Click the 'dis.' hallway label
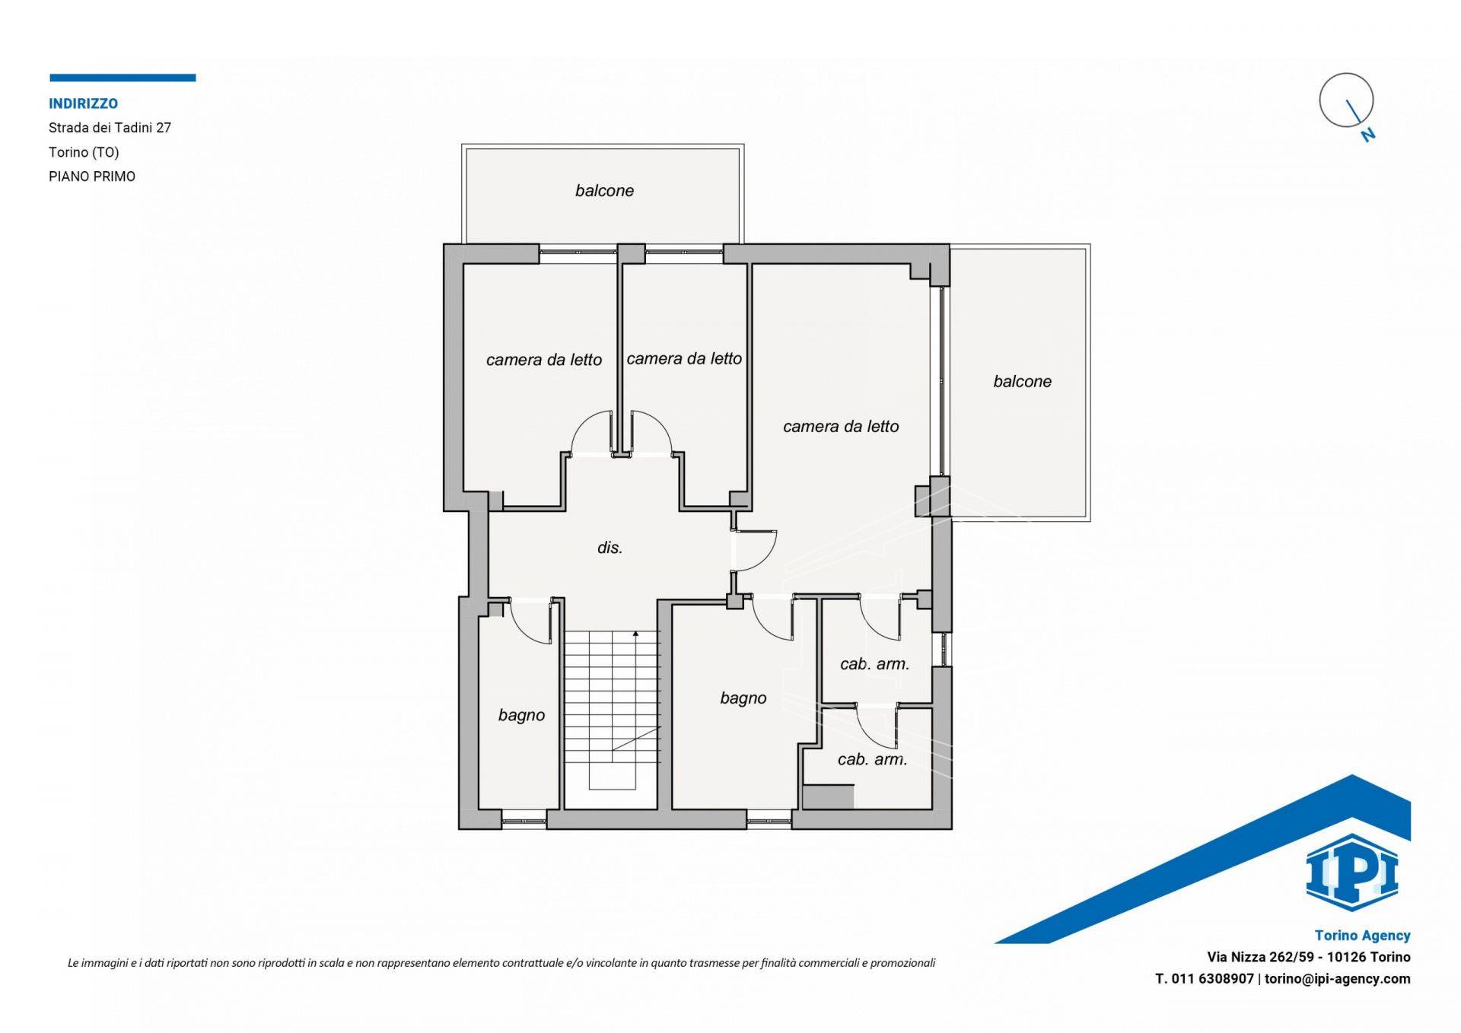point(610,548)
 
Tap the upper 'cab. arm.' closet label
point(874,664)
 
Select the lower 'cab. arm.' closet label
point(872,759)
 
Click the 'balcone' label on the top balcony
point(604,191)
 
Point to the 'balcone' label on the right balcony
point(1022,382)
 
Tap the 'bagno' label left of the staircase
point(521,715)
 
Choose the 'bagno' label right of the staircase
point(743,698)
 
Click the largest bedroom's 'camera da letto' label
point(841,427)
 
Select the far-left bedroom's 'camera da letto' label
point(544,360)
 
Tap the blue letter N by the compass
point(1368,135)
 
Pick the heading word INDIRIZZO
point(83,104)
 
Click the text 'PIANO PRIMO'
point(92,176)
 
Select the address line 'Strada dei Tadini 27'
point(110,128)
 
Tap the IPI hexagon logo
point(1352,872)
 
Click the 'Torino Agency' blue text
point(1362,936)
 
